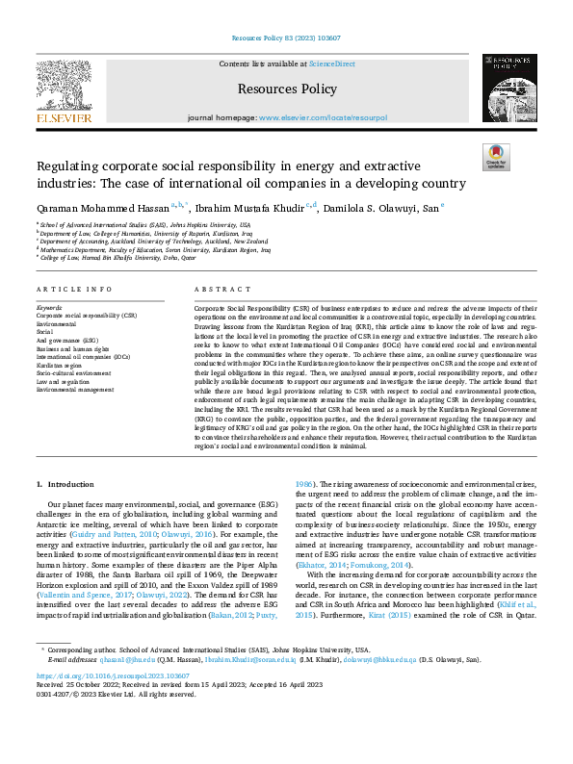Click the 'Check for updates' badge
point(496,158)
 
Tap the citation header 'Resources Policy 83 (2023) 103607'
point(286,39)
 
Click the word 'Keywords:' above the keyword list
point(48,308)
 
